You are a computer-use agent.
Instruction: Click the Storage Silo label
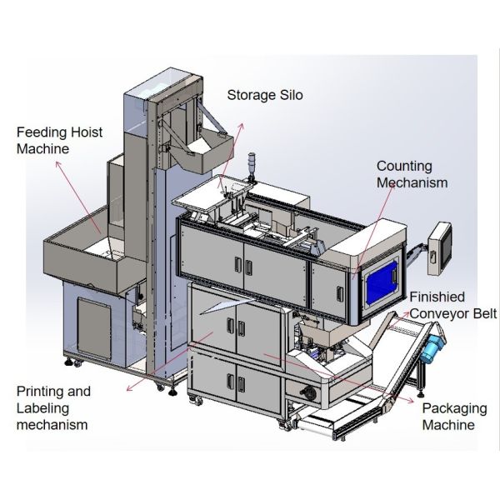[265, 95]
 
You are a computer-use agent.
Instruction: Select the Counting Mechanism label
[412, 174]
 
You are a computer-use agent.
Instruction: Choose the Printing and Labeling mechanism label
[53, 407]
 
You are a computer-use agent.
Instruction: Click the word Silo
[288, 95]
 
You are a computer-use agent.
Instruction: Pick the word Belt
[482, 313]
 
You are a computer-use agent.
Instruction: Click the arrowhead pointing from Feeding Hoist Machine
[57, 164]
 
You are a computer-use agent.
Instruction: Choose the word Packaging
[453, 408]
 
